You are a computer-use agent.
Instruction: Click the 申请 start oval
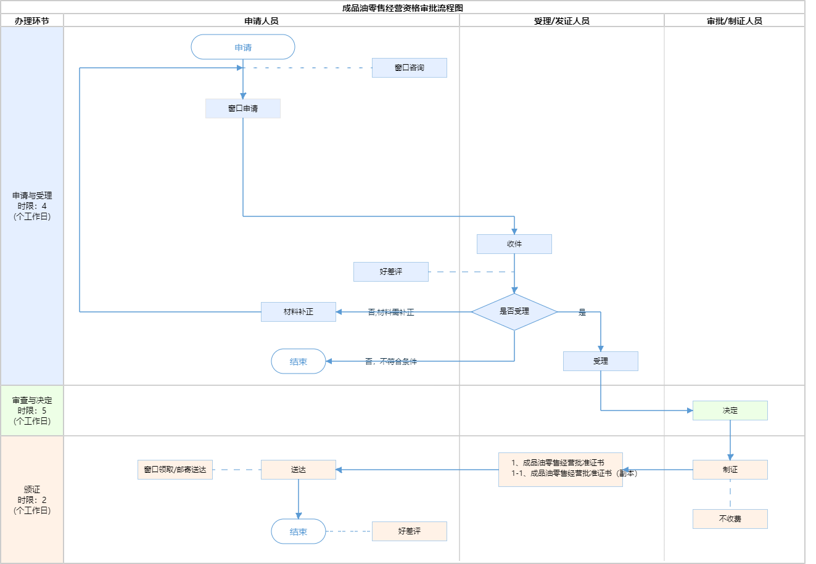(x=243, y=47)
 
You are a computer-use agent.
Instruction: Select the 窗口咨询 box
(x=409, y=68)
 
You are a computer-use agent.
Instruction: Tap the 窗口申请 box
(x=243, y=108)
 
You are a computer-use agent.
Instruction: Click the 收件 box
(x=514, y=244)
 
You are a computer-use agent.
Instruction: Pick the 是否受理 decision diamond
(x=514, y=312)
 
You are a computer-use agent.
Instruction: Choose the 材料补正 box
(x=299, y=312)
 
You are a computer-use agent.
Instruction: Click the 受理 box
(x=600, y=361)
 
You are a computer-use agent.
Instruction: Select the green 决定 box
(x=730, y=411)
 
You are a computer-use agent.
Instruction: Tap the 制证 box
(x=730, y=470)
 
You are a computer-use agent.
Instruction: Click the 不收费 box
(x=730, y=519)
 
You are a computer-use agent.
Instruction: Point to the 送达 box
(x=299, y=470)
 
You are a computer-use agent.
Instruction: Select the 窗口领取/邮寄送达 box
(x=175, y=470)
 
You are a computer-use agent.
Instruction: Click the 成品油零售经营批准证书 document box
(x=560, y=470)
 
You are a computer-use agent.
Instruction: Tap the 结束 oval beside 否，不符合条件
(x=299, y=362)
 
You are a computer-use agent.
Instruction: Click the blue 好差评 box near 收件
(x=390, y=272)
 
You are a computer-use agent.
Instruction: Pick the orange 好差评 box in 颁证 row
(x=409, y=531)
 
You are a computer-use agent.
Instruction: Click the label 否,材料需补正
(x=391, y=313)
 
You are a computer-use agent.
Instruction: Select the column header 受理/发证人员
(x=561, y=21)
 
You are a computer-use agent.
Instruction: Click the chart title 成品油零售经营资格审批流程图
(x=403, y=8)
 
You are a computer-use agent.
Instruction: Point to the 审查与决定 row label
(x=32, y=411)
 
